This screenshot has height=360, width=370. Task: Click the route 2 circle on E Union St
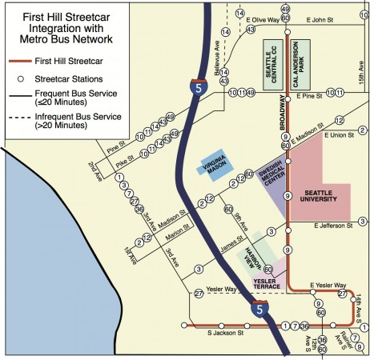(362, 130)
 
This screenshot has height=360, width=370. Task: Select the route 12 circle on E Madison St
(339, 120)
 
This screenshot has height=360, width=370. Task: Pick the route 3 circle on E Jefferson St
(362, 222)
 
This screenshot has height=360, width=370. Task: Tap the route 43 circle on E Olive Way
(251, 29)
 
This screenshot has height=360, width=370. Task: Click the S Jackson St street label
(226, 331)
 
